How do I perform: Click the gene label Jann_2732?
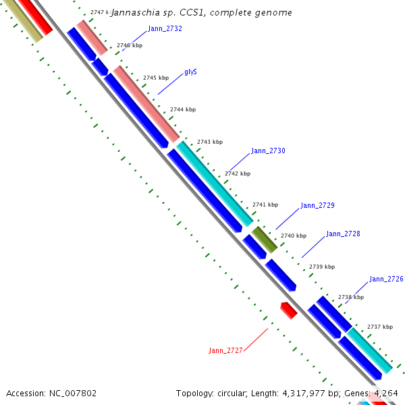point(165,29)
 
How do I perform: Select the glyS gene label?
point(190,72)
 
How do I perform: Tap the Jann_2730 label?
point(268,151)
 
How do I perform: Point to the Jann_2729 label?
point(317,205)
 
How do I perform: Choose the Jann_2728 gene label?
point(343,234)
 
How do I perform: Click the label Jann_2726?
point(386,279)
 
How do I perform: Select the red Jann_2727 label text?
point(225,350)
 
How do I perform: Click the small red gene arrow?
point(289,310)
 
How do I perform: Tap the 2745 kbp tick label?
point(155,78)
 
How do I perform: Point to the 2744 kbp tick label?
point(182,109)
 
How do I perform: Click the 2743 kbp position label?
point(209,142)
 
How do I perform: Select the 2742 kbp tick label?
point(237,173)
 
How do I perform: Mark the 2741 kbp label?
point(265,205)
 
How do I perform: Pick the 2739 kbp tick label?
point(321,267)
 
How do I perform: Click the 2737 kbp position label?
point(379,327)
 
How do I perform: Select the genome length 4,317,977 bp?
point(297,393)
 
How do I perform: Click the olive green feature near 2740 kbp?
point(264,240)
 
